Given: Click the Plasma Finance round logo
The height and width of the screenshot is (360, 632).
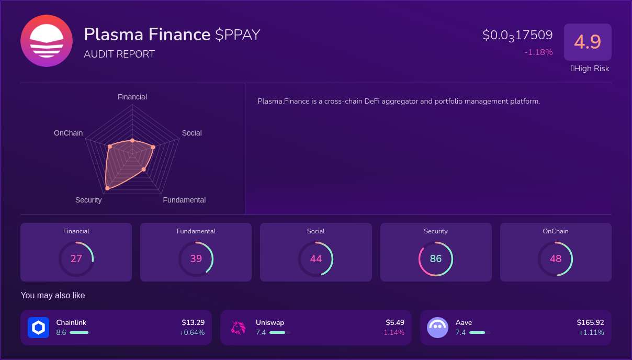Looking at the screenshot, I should [x=47, y=41].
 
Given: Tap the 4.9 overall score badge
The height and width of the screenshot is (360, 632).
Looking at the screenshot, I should [x=588, y=42].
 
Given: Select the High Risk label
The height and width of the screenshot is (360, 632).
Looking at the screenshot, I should [x=590, y=69].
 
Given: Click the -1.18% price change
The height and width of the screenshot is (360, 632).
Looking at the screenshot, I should [x=538, y=52].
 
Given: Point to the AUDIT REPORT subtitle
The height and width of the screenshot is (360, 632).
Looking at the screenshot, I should [x=119, y=54].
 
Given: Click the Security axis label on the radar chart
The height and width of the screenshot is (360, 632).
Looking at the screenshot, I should [x=88, y=200].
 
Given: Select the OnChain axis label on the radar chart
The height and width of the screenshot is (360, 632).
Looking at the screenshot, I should [x=68, y=133].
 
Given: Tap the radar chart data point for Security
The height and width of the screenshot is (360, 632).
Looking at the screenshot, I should [x=107, y=187].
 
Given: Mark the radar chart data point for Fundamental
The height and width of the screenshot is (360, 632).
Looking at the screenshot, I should [x=143, y=169].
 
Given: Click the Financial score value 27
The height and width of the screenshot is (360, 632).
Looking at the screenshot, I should [x=76, y=258].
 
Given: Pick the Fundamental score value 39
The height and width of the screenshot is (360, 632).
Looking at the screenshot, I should [x=196, y=258].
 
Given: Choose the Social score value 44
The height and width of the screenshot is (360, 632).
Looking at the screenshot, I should [x=315, y=258].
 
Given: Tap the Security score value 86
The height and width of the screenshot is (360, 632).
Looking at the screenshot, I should [x=436, y=258].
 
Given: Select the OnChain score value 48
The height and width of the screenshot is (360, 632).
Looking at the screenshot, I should [x=556, y=258].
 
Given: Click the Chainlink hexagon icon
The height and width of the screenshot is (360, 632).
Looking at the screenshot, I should [x=38, y=328].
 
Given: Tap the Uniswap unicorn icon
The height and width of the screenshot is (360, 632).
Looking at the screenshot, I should [x=238, y=328].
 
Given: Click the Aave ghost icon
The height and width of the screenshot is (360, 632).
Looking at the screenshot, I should [x=438, y=328].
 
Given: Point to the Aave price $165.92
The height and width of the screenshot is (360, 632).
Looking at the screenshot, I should [x=590, y=322].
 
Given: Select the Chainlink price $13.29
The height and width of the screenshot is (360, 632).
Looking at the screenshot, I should [x=193, y=322].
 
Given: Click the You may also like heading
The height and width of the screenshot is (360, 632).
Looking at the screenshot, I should [x=53, y=296].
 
